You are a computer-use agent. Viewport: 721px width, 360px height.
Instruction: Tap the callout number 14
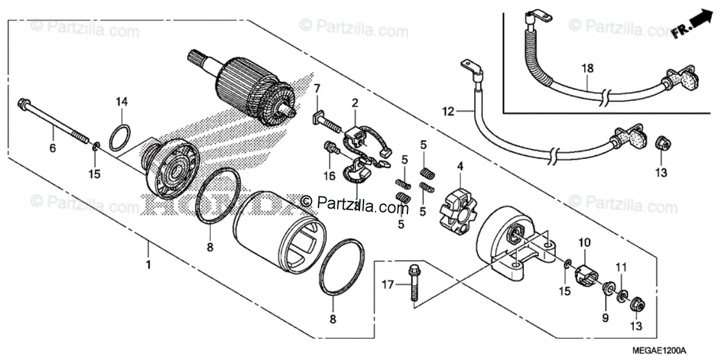(x=122, y=102)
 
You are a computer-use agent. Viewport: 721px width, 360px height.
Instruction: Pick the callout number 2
(x=355, y=103)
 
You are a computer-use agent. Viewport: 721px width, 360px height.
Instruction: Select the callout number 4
(x=460, y=165)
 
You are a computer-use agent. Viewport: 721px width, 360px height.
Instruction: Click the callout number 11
(x=621, y=266)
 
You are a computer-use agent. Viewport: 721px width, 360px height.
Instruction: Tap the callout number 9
(x=606, y=317)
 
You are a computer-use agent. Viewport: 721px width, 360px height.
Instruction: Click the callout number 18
(x=586, y=69)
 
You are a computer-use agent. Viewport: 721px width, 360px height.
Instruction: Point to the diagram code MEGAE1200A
(x=676, y=351)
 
